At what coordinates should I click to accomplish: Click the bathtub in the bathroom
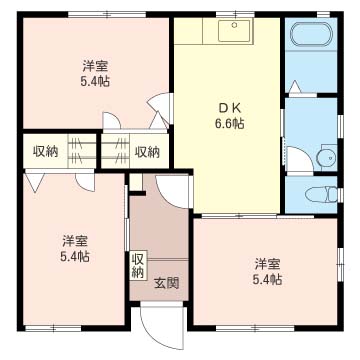coord(310,34)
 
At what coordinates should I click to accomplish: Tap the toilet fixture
coord(320,194)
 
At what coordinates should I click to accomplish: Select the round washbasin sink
coord(326,156)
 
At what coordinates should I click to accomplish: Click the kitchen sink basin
coord(234,31)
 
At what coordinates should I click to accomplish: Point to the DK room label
coord(230,108)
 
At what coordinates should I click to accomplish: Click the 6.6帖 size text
coord(229,124)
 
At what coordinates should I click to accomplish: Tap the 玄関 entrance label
coord(166,283)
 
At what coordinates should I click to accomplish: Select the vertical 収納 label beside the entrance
coord(138,265)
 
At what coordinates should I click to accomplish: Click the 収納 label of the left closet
coord(45,152)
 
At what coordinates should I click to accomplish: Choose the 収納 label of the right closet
coord(147,152)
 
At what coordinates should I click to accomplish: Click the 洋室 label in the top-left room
coord(95,66)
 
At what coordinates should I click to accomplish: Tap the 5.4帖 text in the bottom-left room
coord(75,256)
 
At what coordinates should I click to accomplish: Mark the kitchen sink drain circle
coord(234,25)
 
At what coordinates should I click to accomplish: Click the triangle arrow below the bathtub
coord(295,87)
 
